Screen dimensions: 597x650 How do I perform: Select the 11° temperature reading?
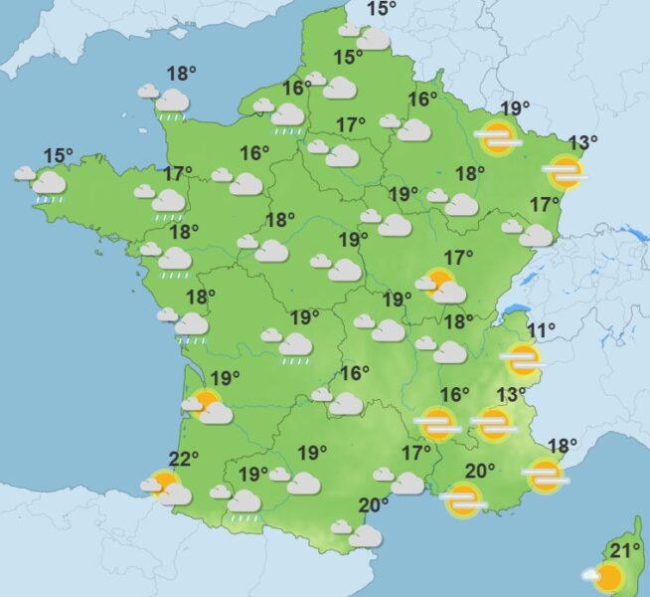coord(541,331)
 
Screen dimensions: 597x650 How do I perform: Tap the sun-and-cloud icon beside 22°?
coord(165,487)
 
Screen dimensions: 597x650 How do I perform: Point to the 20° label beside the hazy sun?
coord(480,472)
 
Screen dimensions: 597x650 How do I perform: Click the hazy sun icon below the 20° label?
coord(463,501)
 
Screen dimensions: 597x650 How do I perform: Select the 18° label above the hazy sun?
coord(562,446)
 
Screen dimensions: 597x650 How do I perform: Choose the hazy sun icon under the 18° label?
coord(546,476)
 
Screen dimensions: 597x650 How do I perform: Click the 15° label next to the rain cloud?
coord(59,155)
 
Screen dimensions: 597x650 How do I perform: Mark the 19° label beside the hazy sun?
coord(514,109)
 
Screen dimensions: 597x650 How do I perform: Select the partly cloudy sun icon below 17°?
coord(442,287)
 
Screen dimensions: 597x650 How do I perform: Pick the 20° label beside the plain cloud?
coord(373,505)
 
